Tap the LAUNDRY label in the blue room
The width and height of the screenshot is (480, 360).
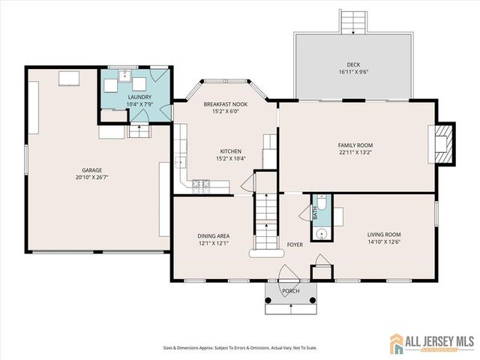[139, 97]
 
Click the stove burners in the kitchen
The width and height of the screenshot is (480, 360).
[200, 183]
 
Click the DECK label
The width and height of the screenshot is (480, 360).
[353, 64]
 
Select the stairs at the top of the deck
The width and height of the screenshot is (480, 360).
[353, 22]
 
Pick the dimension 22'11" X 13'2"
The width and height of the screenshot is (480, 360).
[355, 153]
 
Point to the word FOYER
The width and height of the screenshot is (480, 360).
[295, 244]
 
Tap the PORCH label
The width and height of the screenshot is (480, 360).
[290, 291]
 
